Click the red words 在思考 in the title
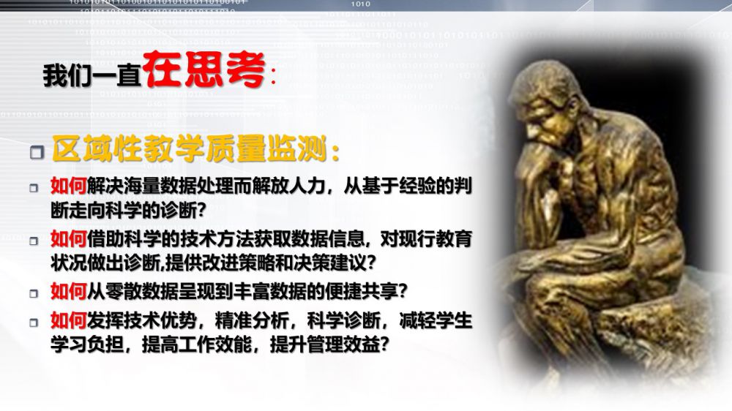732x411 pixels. point(204,70)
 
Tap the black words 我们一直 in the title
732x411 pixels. point(92,75)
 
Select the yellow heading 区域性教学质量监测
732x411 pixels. point(189,148)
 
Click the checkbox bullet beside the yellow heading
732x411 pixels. point(37,151)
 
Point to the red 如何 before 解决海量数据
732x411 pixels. point(69,186)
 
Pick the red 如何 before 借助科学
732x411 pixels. point(69,239)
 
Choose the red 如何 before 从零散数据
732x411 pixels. point(69,292)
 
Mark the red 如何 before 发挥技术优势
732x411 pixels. point(69,320)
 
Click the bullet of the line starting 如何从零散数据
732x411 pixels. point(34,293)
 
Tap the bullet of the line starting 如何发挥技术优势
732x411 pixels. point(34,323)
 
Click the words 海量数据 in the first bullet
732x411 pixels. point(160,186)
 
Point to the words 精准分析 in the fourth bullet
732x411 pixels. point(251,320)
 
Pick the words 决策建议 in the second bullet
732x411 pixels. point(329,263)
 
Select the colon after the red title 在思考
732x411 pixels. point(272,78)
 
